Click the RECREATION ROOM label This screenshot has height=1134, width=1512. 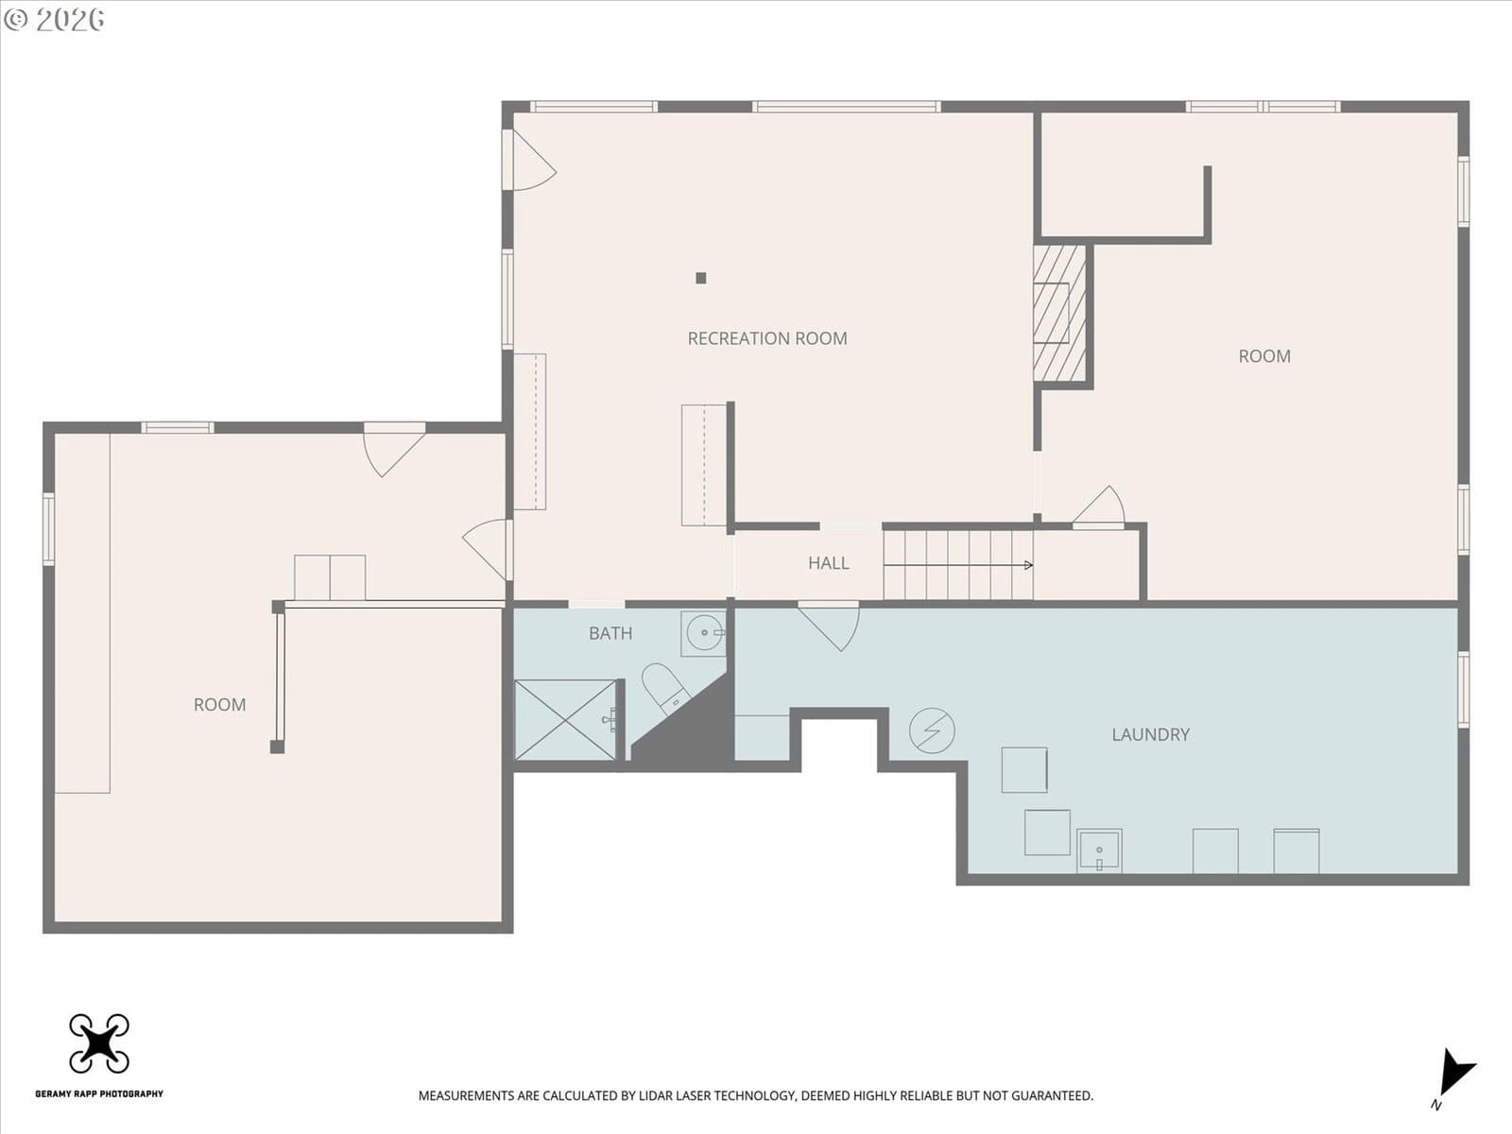767,338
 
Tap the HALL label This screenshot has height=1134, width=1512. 828,563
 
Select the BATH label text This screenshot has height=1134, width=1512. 610,633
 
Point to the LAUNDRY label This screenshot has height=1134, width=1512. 1150,734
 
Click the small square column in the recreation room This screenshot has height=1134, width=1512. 700,278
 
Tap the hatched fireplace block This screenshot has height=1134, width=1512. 1059,314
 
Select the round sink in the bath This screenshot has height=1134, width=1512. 704,632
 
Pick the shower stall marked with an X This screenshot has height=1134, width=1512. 565,720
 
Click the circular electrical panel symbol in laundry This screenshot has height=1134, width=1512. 932,730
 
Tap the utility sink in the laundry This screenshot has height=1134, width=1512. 1099,851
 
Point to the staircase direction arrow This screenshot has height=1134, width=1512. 958,565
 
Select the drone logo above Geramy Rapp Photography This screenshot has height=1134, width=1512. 99,1043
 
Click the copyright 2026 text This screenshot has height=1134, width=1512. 54,19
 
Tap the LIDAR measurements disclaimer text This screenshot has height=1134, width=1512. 756,1095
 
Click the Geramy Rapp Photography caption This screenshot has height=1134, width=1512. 99,1093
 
